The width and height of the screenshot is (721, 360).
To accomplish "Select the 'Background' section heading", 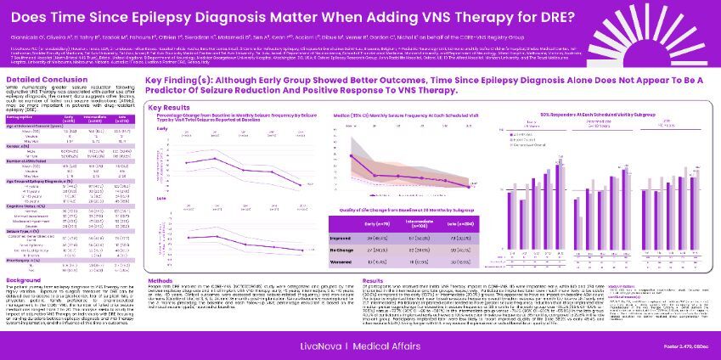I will [24, 278].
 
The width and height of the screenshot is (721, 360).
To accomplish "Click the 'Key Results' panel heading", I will [170, 108].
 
